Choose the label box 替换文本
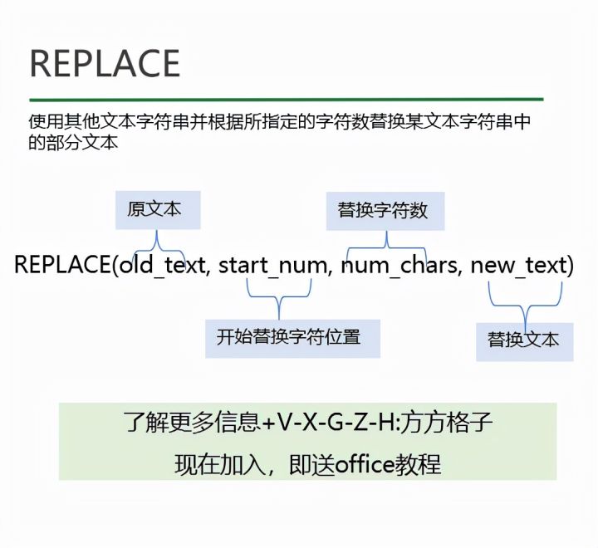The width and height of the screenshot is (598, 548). tap(523, 339)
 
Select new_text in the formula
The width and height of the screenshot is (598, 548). tap(519, 266)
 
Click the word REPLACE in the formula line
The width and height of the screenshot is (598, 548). tap(61, 266)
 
